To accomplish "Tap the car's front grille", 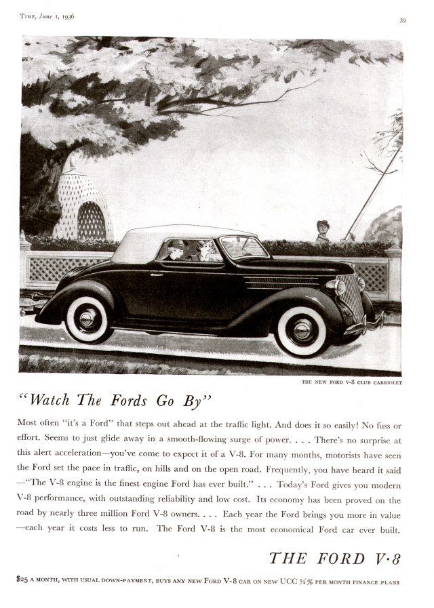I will pos(349,296).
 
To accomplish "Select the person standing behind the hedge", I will pos(323,230).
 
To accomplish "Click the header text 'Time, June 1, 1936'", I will pos(47,17).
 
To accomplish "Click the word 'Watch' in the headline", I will pos(52,400).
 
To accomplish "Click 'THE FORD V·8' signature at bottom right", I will pos(335,558).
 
